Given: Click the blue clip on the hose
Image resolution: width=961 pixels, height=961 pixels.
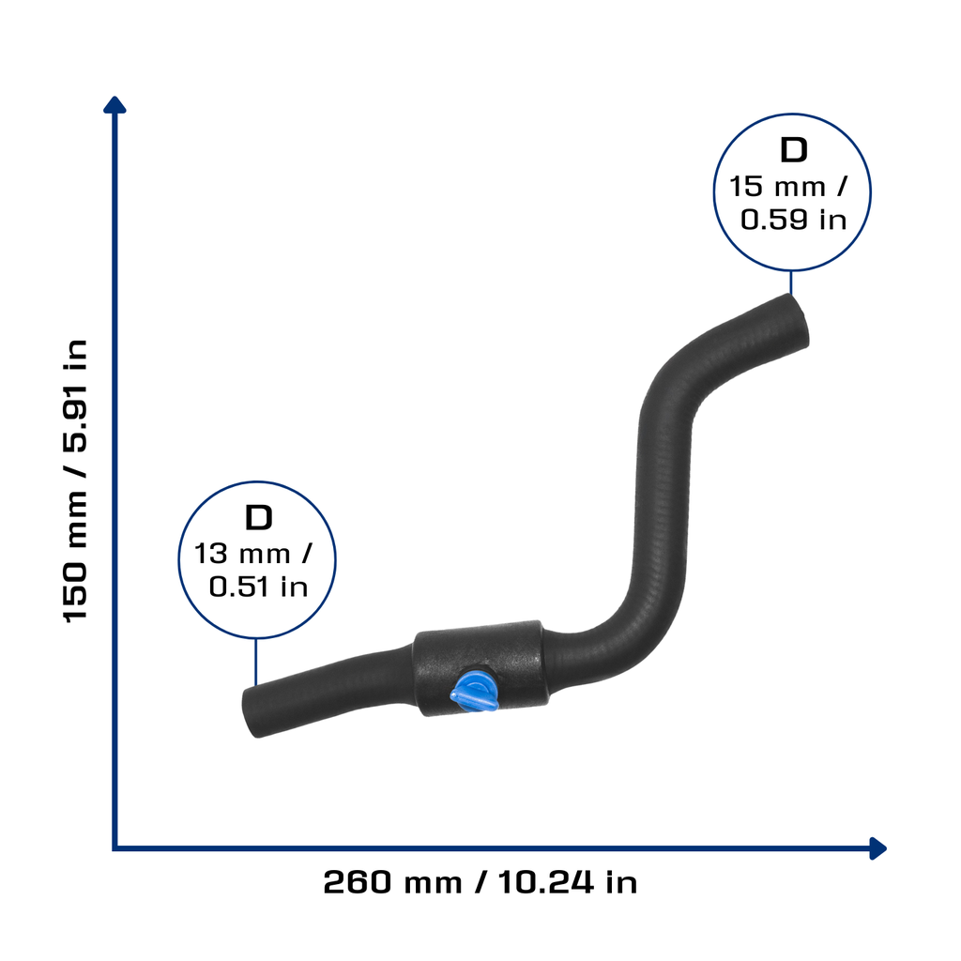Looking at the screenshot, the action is coord(473,693).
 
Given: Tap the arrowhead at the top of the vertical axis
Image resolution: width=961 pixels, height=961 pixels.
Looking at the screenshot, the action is coord(114,105).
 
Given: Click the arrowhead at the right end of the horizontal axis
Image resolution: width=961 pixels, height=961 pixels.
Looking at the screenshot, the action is coord(877,848).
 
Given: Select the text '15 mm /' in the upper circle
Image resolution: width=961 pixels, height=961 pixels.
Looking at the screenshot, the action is coord(788,187).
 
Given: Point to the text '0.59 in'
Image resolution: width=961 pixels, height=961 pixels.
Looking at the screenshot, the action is coord(793,220).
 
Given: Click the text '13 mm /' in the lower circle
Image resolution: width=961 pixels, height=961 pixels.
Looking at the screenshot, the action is coord(252,554).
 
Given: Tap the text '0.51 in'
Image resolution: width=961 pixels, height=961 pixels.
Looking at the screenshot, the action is coord(258,587).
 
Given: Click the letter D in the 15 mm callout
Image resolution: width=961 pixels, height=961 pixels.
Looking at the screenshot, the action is coord(794,150).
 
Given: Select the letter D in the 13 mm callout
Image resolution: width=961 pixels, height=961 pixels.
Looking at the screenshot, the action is coord(259,518).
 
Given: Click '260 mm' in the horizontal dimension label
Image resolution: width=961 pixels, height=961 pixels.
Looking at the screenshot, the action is coord(392,882).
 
